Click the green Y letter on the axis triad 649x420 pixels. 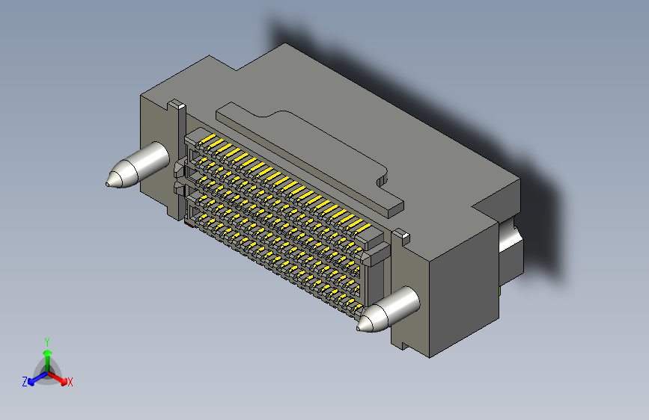[47, 341]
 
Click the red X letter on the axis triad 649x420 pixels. [70, 383]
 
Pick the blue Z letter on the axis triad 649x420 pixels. [25, 382]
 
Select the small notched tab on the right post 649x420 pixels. [400, 236]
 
